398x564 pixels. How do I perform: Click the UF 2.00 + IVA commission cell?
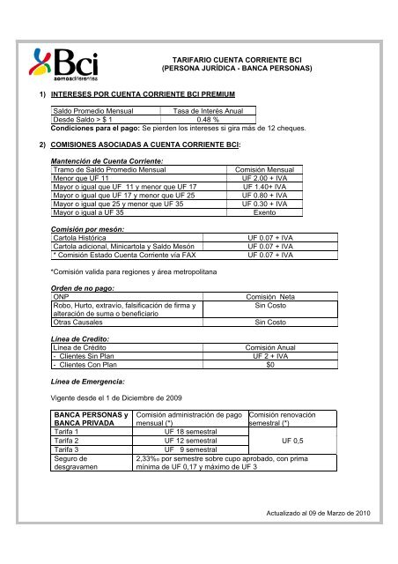[254, 178]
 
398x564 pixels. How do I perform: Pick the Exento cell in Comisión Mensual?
[254, 212]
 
